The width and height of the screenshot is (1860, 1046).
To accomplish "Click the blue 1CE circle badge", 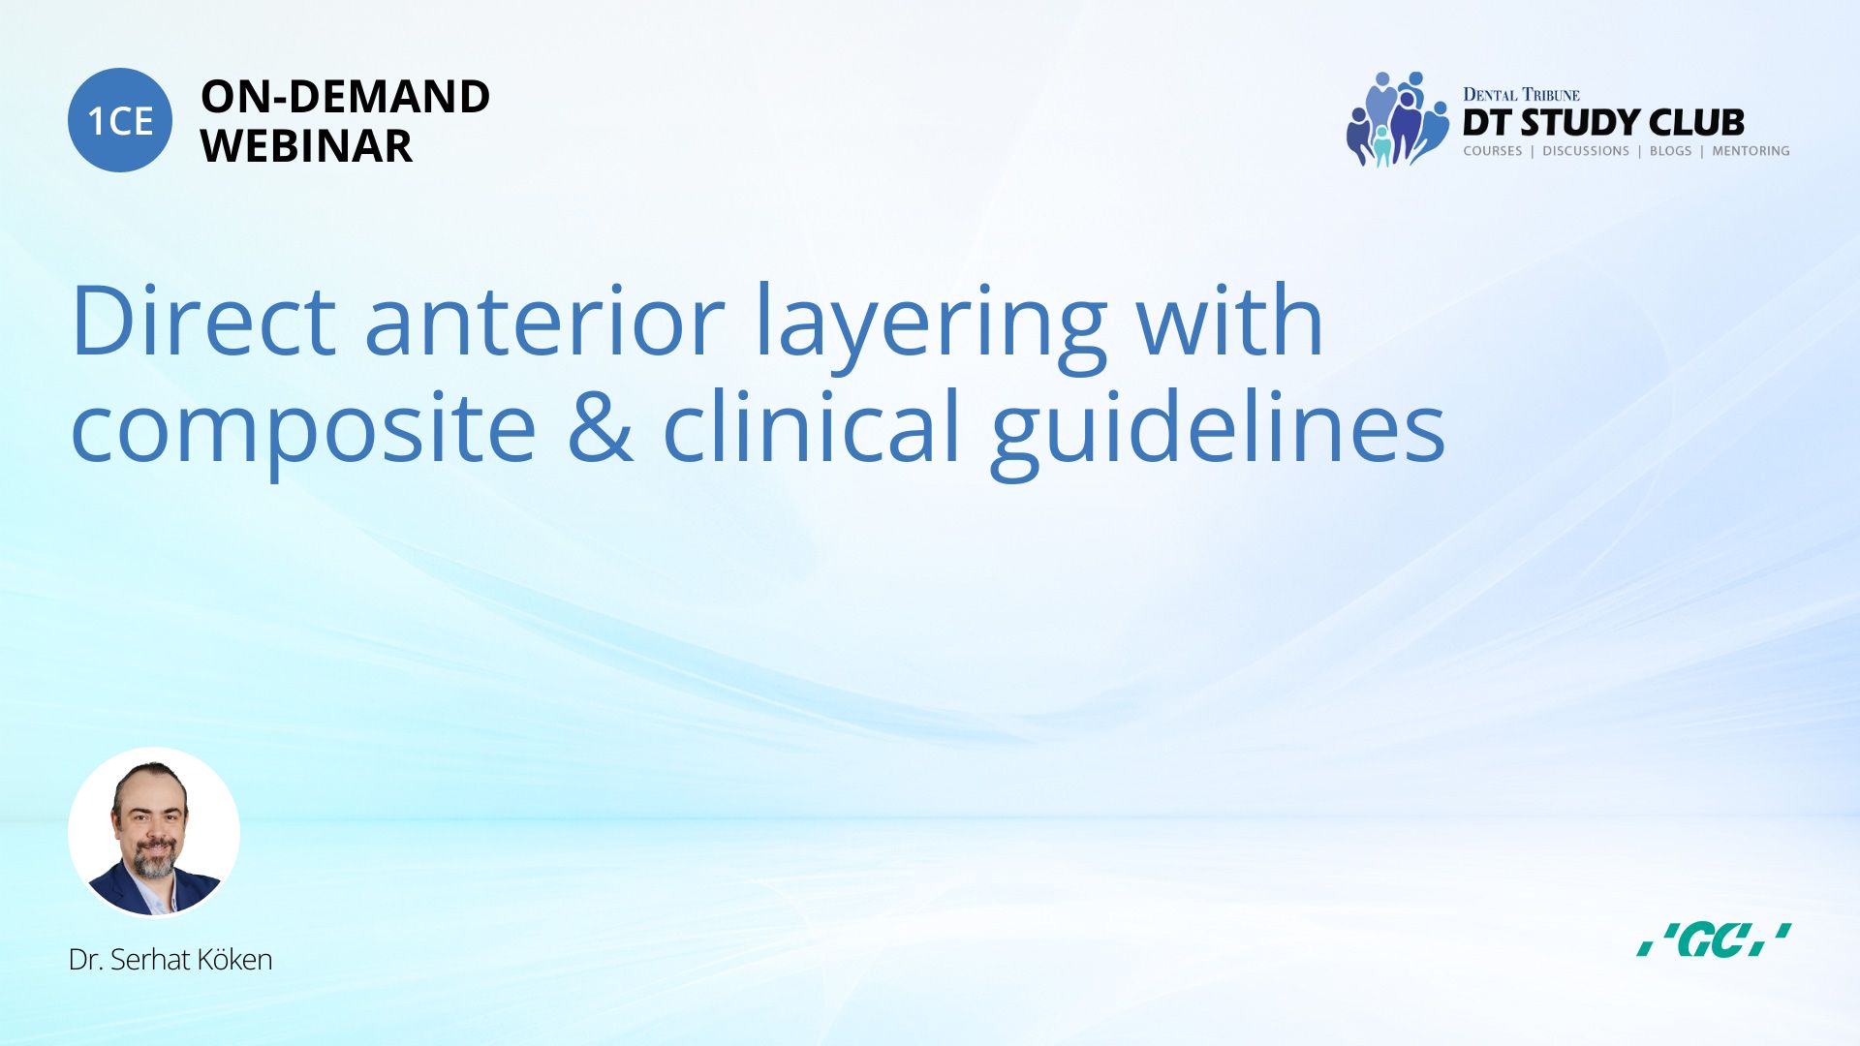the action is tap(120, 120).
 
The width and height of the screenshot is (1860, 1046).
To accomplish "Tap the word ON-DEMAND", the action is tap(345, 97).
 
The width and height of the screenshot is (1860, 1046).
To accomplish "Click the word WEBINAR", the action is tap(306, 146).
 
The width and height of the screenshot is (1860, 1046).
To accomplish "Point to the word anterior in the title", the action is tap(544, 322).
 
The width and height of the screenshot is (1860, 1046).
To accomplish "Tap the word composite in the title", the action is tap(303, 429).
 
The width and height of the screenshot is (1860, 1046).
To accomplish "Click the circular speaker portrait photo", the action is tap(154, 833).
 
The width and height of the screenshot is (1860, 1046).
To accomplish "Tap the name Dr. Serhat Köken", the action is tap(170, 959).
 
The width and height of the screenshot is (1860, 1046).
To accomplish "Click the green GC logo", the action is tap(1714, 939).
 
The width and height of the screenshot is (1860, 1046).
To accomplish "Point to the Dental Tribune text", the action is tap(1521, 94).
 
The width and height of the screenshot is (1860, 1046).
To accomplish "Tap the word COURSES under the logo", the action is tap(1492, 151).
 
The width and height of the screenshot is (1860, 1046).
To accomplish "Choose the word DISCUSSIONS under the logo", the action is tap(1586, 151).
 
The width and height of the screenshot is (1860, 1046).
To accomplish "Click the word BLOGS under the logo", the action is tap(1670, 151).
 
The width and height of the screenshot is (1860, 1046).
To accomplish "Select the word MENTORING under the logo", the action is tap(1751, 151).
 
